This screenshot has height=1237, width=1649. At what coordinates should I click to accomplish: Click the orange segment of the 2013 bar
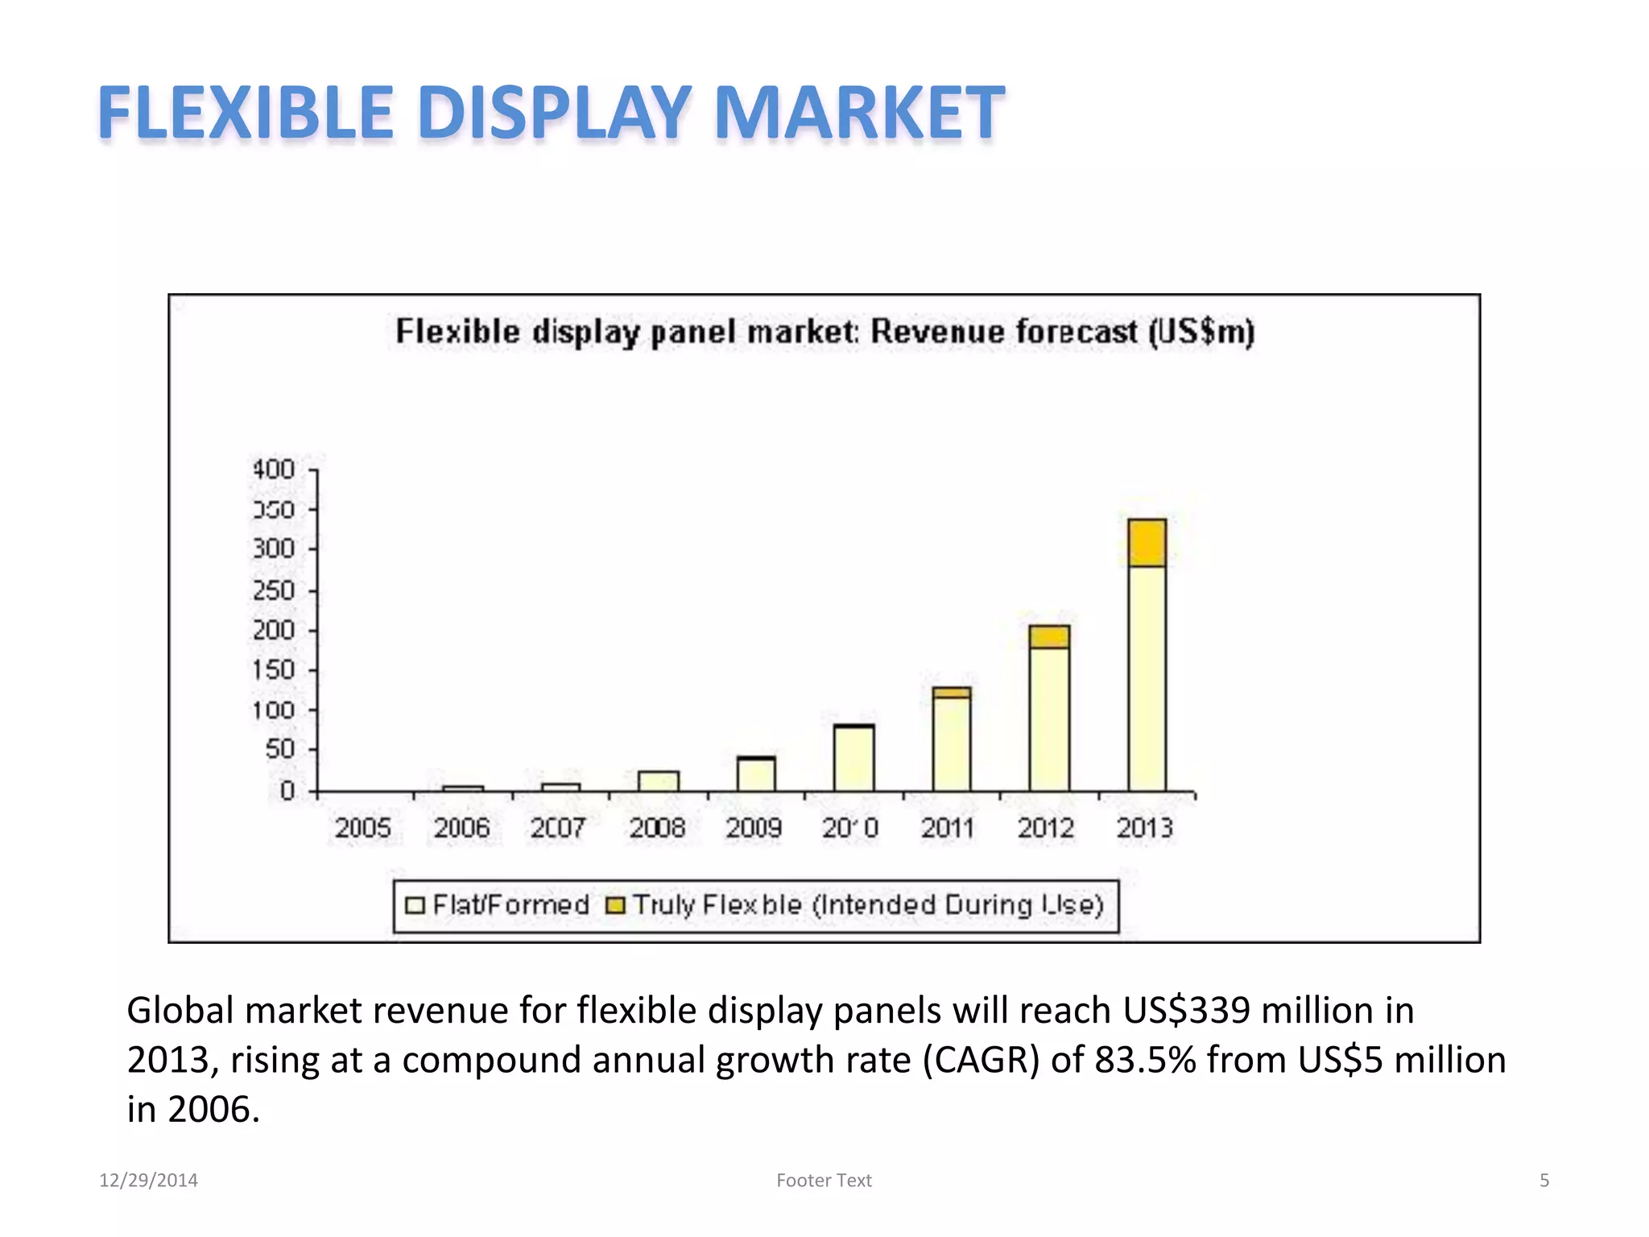(1147, 543)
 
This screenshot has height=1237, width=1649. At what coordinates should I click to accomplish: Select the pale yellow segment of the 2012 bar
(1049, 718)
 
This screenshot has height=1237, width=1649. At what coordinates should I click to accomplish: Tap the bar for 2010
(853, 758)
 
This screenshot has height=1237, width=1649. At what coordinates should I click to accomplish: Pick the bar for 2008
(659, 781)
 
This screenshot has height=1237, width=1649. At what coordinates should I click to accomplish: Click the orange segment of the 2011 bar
(952, 693)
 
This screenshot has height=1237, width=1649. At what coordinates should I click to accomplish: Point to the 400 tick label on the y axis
(274, 469)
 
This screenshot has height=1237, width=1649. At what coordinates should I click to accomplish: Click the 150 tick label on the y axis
(274, 670)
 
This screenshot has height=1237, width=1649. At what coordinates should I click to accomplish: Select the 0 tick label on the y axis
(287, 791)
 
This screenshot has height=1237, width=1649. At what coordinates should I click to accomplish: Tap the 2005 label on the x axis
(362, 828)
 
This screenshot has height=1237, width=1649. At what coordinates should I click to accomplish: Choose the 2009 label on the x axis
(754, 828)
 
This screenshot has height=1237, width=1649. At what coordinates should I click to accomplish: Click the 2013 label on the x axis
(1144, 828)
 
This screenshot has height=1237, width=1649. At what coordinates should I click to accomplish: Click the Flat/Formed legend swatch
(415, 906)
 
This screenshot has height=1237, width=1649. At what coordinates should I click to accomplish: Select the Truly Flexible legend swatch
(615, 906)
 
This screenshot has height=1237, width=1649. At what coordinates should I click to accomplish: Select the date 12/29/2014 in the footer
(148, 1181)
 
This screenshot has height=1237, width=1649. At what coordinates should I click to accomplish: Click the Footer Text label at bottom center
(824, 1181)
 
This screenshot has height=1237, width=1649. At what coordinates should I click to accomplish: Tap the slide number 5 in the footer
(1544, 1181)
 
